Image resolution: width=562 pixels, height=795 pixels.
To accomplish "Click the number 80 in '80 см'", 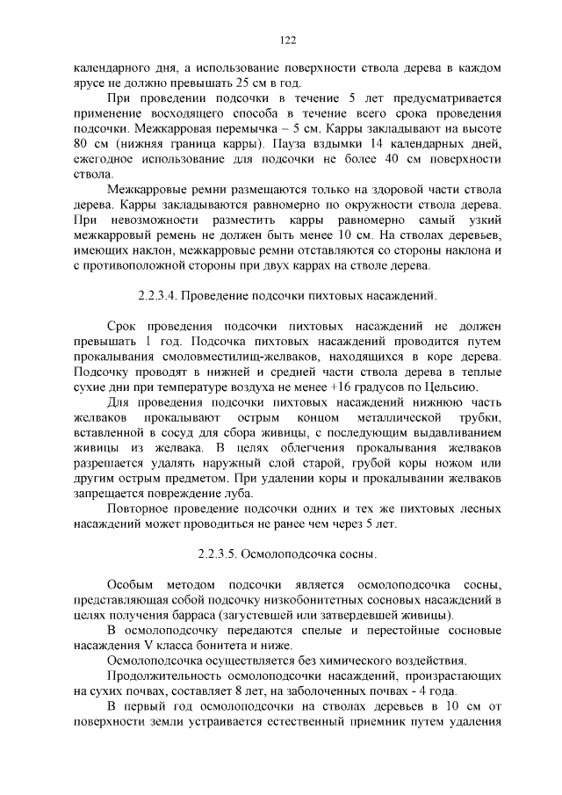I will (83, 142).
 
